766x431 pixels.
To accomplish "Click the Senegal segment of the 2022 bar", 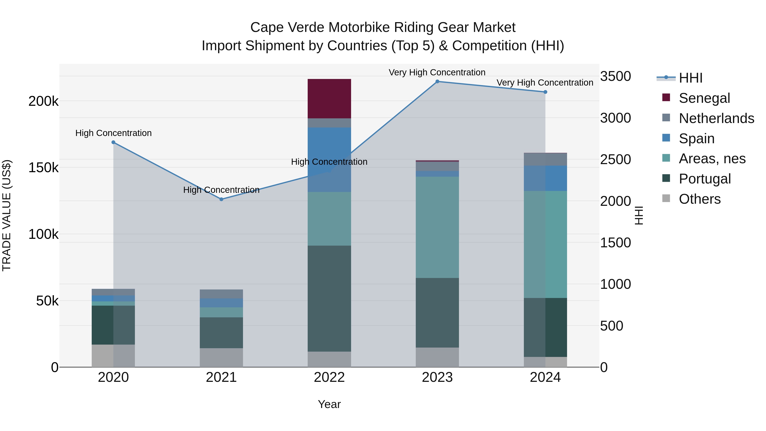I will click(x=329, y=99).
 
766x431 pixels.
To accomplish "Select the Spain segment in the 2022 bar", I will click(x=329, y=159).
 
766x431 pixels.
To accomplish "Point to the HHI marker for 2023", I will click(x=437, y=82).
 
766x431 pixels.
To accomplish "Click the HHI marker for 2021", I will click(x=221, y=199).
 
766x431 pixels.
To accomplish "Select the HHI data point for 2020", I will click(x=113, y=142).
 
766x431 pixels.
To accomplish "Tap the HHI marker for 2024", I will click(x=545, y=92).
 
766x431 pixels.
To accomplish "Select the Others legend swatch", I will click(x=666, y=198).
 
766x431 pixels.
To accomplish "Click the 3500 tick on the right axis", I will click(x=615, y=76).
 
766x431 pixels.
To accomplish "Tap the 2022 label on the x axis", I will click(x=329, y=377).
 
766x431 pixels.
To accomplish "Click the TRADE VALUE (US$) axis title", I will click(x=7, y=215).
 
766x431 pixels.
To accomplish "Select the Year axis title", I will click(x=329, y=404).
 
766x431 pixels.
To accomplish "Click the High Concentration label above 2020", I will click(x=113, y=133).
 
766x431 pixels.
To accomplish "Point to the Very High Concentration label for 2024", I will click(x=544, y=83).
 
